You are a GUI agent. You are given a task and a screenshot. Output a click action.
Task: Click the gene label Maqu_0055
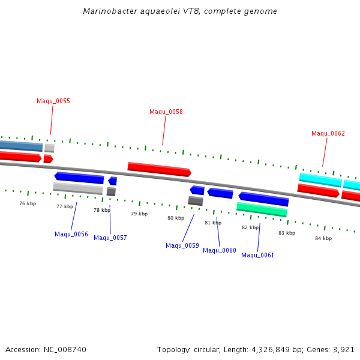click(x=53, y=101)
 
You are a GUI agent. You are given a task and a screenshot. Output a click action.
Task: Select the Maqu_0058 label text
click(x=166, y=112)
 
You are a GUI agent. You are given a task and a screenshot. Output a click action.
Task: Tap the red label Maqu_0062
click(x=328, y=133)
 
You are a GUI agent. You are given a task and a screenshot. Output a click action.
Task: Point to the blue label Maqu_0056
click(x=71, y=234)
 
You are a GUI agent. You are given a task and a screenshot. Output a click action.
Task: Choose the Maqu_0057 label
click(x=110, y=238)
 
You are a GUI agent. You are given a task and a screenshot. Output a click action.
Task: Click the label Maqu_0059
click(x=182, y=245)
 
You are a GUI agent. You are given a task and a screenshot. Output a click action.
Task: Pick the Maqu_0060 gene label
click(x=220, y=250)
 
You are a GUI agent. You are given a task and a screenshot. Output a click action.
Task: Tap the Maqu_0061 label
click(x=258, y=255)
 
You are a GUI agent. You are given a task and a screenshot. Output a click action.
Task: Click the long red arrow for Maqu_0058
click(x=159, y=169)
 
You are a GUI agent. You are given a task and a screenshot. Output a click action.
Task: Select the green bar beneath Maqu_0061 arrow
click(x=262, y=209)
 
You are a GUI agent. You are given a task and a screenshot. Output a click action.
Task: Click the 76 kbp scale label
click(x=28, y=203)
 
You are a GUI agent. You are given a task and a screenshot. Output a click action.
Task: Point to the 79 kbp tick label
click(x=139, y=214)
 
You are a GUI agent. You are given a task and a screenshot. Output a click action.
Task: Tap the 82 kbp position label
click(x=250, y=227)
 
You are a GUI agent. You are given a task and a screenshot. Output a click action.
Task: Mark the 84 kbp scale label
click(x=323, y=238)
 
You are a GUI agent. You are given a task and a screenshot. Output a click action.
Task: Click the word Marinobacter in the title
click(x=106, y=11)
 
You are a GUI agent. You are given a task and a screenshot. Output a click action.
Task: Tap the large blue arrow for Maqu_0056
click(x=79, y=178)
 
